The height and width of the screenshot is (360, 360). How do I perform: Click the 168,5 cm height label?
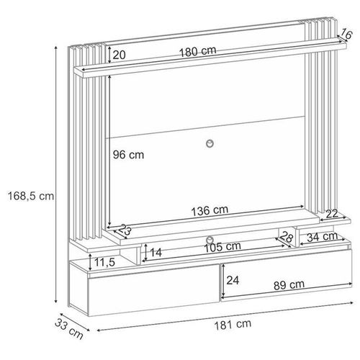pyautogui.click(x=31, y=196)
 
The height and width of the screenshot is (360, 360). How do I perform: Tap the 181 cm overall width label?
pyautogui.click(x=233, y=324)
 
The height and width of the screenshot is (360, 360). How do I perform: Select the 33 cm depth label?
pyautogui.click(x=69, y=328)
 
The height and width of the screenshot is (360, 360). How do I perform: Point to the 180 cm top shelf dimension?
pyautogui.click(x=198, y=51)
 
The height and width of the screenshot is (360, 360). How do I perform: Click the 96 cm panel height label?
pyautogui.click(x=128, y=155)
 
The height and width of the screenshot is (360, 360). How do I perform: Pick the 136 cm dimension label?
pyautogui.click(x=210, y=210)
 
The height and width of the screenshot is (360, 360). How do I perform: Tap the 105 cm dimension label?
pyautogui.click(x=222, y=247)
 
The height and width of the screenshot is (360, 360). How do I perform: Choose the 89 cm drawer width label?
pyautogui.click(x=289, y=285)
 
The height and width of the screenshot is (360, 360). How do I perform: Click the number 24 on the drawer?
pyautogui.click(x=233, y=280)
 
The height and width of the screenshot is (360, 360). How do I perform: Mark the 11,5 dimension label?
pyautogui.click(x=104, y=262)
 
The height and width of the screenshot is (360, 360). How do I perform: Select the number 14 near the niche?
pyautogui.click(x=156, y=253)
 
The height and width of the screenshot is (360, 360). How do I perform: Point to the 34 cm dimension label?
pyautogui.click(x=323, y=237)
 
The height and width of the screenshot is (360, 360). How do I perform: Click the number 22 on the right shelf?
pyautogui.click(x=332, y=214)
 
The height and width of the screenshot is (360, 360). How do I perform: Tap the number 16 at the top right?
pyautogui.click(x=346, y=33)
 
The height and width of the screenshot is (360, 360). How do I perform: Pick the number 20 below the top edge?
pyautogui.click(x=119, y=55)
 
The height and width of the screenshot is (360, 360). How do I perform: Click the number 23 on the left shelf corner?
pyautogui.click(x=125, y=230)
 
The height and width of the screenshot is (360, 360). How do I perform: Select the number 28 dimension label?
pyautogui.click(x=287, y=237)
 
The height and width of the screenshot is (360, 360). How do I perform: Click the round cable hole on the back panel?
pyautogui.click(x=210, y=143)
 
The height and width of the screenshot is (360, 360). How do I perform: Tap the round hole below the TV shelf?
pyautogui.click(x=210, y=240)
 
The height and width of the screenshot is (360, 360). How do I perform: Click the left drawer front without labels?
pyautogui.click(x=154, y=290)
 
